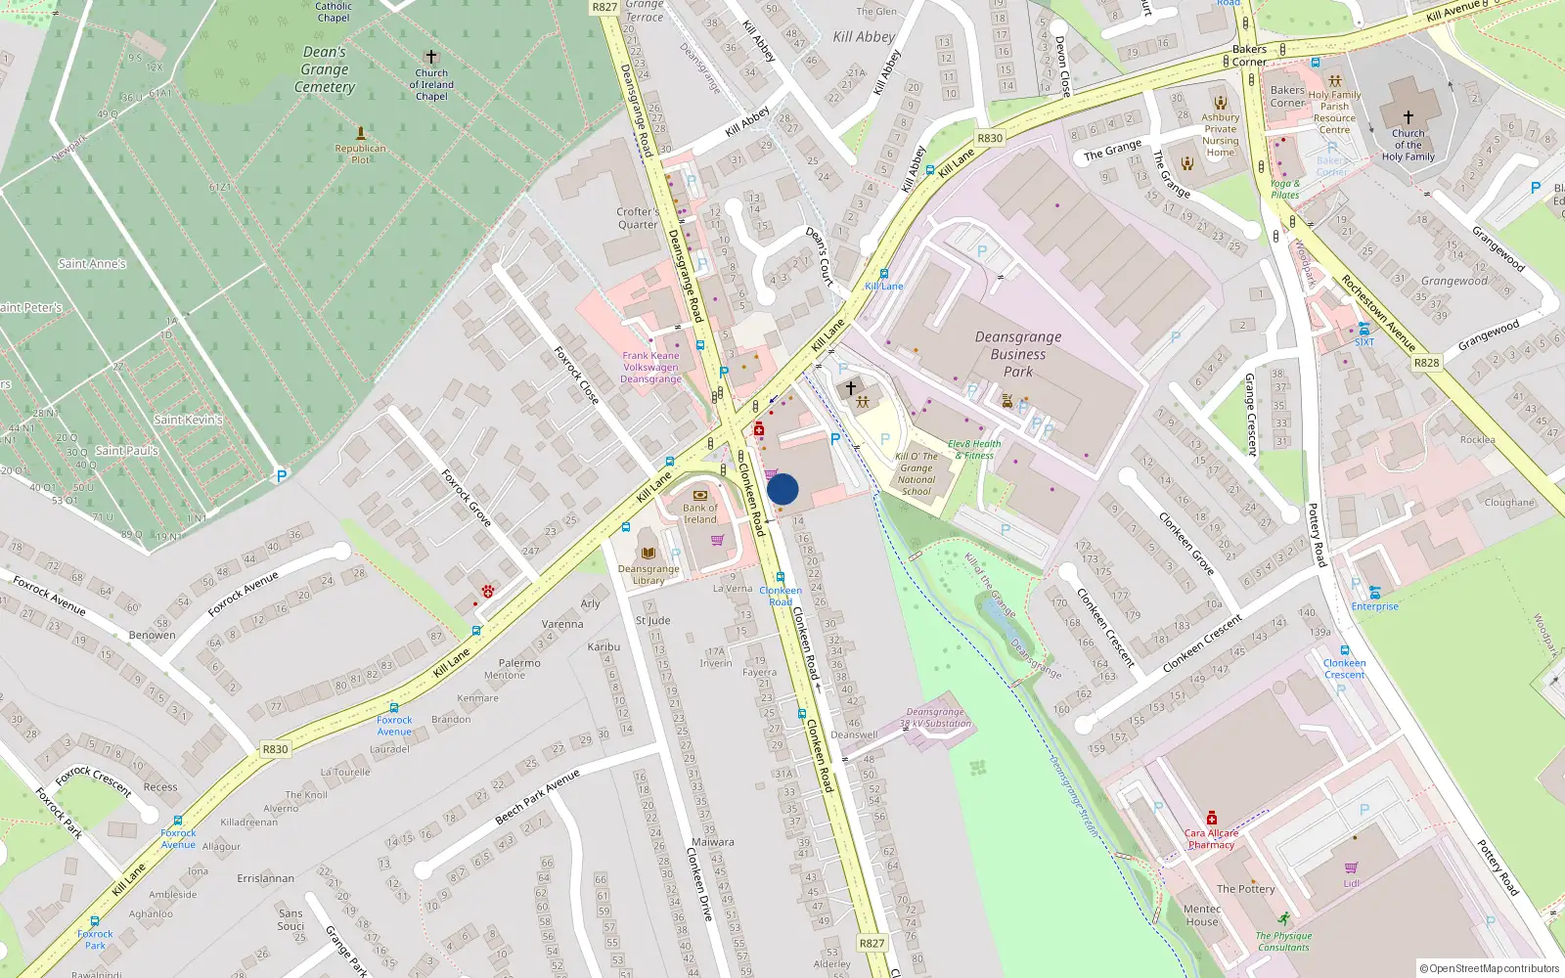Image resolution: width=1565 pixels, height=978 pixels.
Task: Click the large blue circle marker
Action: click(782, 489)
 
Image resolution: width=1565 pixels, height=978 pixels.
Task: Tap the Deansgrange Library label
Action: click(648, 574)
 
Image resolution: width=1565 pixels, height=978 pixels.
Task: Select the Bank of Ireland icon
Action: click(699, 495)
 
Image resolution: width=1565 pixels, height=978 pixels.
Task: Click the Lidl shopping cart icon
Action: click(1351, 867)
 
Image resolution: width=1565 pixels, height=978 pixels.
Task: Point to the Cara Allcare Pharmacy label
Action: click(1211, 839)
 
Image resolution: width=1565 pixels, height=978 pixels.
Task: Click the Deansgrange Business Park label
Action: click(1017, 354)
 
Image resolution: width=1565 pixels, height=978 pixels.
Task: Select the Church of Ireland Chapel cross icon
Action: click(430, 57)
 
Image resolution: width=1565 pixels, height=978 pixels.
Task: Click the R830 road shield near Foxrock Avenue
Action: click(275, 749)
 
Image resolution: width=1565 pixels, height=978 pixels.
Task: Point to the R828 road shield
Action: click(1426, 362)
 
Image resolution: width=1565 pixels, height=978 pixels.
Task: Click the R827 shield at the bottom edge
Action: click(871, 943)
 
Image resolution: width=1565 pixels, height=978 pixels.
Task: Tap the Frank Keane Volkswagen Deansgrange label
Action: click(650, 368)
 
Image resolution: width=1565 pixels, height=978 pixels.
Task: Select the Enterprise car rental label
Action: click(1374, 606)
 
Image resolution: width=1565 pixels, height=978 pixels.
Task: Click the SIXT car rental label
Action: click(1364, 342)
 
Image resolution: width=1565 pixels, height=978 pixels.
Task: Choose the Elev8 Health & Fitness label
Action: click(974, 450)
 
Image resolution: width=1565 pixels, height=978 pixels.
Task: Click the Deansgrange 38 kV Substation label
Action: click(935, 718)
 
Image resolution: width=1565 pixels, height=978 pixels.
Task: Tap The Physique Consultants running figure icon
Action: click(1283, 919)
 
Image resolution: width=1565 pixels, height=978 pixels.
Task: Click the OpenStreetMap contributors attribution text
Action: click(1489, 968)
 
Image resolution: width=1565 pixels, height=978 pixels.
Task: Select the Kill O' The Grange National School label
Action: click(917, 473)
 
